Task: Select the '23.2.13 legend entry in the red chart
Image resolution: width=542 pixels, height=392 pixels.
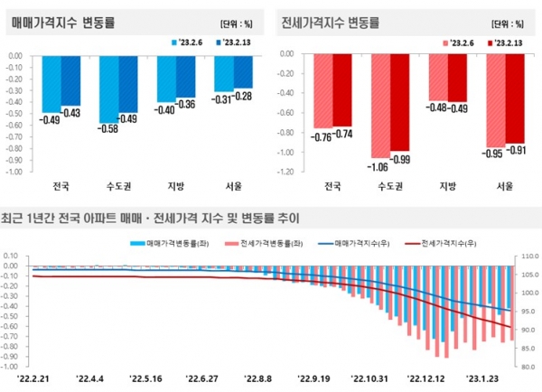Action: click(504, 42)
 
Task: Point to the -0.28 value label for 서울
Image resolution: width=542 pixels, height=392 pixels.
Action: click(242, 96)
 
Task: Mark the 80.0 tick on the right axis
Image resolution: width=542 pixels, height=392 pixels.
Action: click(527, 367)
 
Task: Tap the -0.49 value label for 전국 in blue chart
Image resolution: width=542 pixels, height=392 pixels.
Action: click(50, 121)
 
